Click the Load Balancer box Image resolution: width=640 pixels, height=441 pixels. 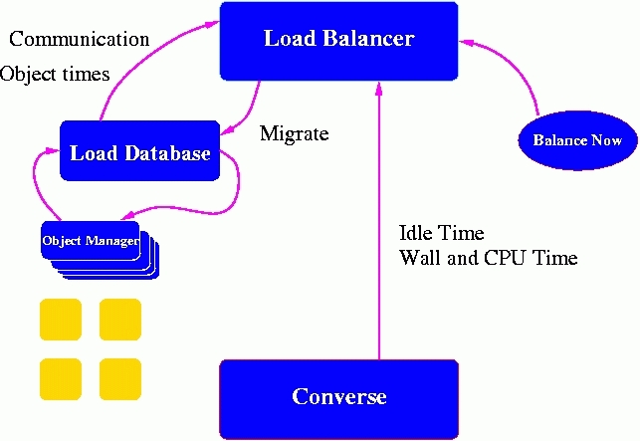(x=338, y=40)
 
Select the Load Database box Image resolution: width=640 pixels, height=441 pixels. (x=139, y=152)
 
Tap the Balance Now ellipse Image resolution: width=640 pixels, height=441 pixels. (x=577, y=140)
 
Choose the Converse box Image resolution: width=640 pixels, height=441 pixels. (x=338, y=397)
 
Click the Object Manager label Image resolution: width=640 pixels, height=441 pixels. (x=90, y=241)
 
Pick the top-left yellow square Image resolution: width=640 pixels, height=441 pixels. (x=60, y=320)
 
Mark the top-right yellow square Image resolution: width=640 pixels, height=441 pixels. (x=119, y=320)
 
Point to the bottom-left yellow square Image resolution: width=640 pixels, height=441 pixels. (x=60, y=379)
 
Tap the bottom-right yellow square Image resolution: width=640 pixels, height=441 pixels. (x=119, y=379)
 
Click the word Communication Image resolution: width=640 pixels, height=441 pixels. (x=79, y=40)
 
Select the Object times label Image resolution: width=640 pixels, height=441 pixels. (x=55, y=74)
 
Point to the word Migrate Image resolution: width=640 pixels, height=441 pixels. (x=294, y=133)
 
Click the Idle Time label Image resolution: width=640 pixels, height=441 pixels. (x=441, y=234)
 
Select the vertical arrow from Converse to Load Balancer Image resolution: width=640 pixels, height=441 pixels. (x=378, y=219)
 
